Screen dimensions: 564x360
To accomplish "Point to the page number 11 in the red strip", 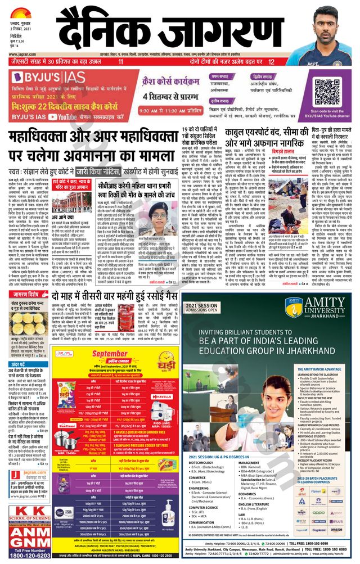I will pos(120,62).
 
